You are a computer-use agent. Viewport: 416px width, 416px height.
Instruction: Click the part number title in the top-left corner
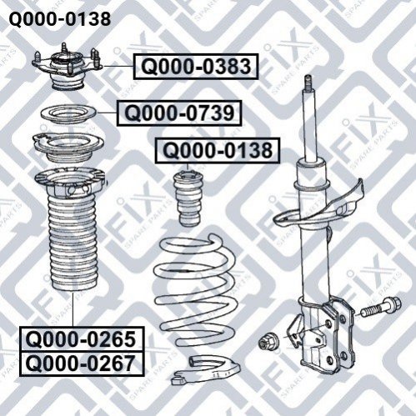tap(60, 19)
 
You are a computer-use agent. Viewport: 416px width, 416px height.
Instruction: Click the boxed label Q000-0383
tap(196, 67)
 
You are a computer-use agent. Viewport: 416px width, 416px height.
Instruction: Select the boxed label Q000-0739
tap(179, 113)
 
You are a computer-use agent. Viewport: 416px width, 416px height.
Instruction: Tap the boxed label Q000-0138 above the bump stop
tap(218, 150)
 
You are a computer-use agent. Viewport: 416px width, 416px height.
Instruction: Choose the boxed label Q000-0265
tap(82, 339)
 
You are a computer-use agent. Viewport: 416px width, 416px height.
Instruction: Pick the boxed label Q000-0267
tap(82, 364)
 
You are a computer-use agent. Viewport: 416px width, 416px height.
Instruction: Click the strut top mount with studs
tap(68, 67)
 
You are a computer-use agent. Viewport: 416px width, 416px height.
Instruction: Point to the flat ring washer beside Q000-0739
tap(68, 114)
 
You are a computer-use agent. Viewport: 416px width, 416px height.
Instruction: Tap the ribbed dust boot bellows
tap(73, 243)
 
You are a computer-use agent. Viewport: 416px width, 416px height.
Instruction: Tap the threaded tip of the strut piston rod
tap(308, 83)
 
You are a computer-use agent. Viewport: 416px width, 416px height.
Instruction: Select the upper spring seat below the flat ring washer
tap(68, 148)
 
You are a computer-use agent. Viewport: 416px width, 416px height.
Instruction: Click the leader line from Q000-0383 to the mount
tap(118, 67)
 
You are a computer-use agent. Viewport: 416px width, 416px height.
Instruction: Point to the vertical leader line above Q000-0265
tap(73, 309)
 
